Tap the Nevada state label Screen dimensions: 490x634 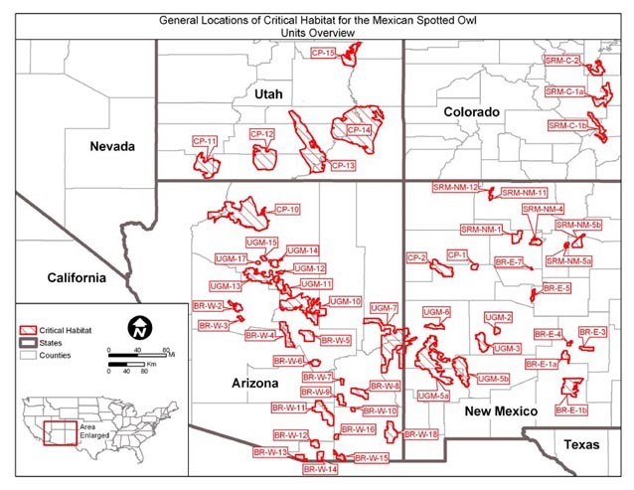coord(112,146)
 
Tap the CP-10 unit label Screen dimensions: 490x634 coord(287,210)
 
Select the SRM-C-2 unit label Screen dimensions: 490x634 coord(562,61)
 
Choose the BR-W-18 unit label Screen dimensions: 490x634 coord(421,434)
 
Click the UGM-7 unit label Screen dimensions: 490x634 coord(384,308)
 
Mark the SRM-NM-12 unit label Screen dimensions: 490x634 coord(456,187)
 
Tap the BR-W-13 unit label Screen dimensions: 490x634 coord(269,452)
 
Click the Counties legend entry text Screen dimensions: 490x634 coord(55,354)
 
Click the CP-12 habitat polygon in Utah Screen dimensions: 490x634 coord(266,157)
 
